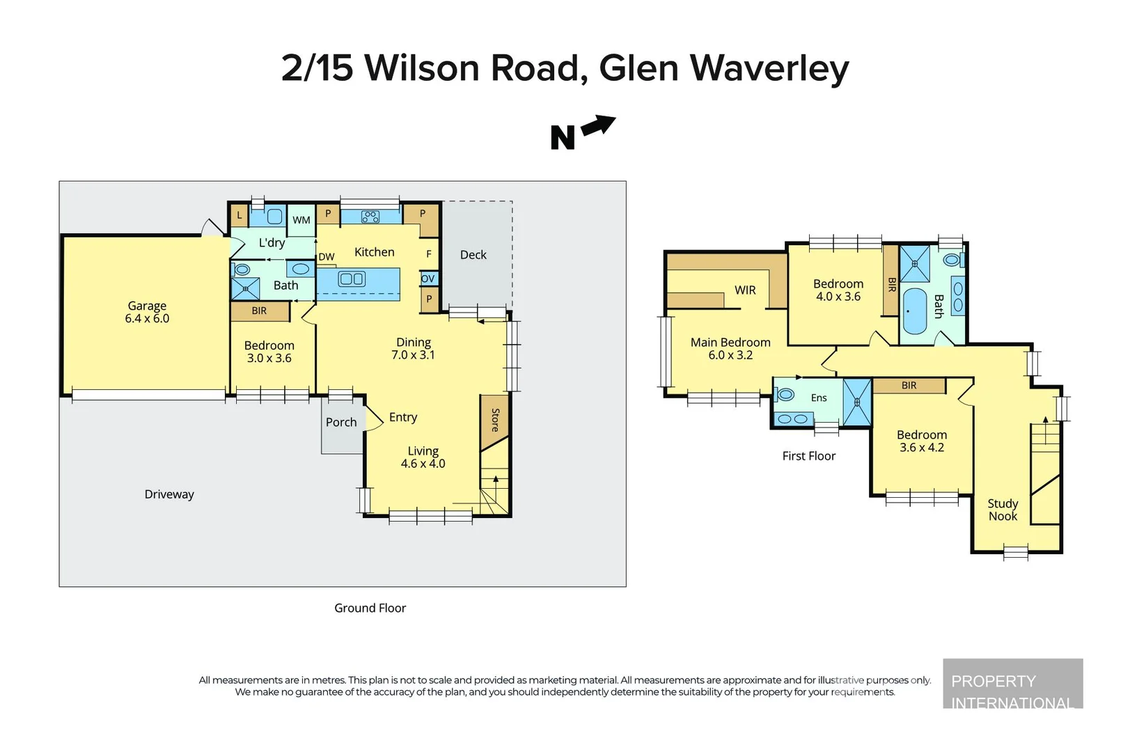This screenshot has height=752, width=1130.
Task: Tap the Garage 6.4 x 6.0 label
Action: coord(147,312)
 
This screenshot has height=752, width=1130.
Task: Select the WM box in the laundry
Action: coord(301,220)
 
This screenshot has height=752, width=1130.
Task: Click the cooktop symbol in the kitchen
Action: coord(370,217)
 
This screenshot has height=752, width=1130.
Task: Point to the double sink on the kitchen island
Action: coord(351,279)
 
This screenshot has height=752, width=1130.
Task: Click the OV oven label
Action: coord(427,279)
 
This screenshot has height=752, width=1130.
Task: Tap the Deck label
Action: coord(473,255)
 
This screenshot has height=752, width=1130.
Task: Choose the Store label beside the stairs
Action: coord(495,420)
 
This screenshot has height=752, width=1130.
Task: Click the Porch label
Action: coord(341,422)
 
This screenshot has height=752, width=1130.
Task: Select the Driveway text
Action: coord(169,494)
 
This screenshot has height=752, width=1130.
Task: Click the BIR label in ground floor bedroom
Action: coord(259,311)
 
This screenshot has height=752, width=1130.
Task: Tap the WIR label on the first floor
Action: coord(745,290)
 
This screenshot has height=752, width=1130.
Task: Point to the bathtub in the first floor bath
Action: coord(915,311)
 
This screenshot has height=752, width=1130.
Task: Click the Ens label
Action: coord(819,398)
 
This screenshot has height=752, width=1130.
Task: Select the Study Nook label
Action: coord(1003,510)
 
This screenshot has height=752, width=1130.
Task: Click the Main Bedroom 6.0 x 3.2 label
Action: coord(730,348)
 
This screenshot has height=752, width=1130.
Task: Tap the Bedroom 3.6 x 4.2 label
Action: coord(922,441)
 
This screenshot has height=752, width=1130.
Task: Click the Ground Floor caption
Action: coord(370,608)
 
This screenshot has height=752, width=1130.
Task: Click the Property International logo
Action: coord(1012,684)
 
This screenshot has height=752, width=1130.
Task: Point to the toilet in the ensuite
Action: coord(785,395)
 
